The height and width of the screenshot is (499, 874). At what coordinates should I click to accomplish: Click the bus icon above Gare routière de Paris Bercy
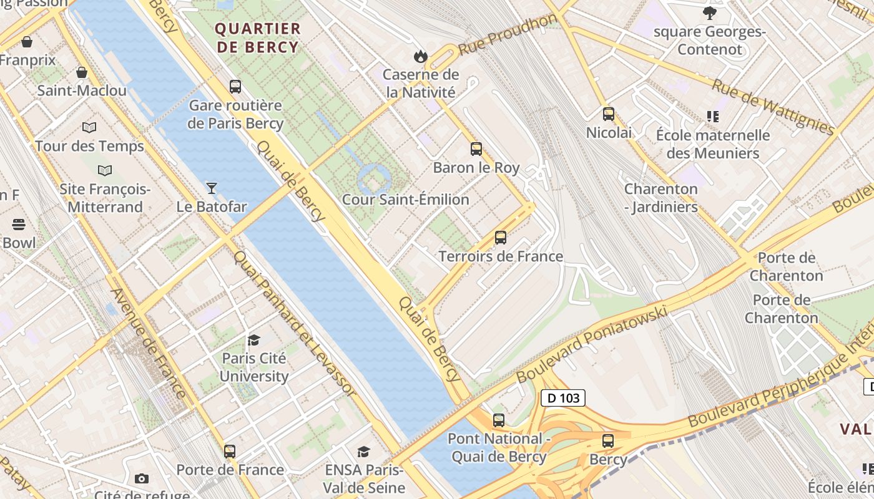[235, 87]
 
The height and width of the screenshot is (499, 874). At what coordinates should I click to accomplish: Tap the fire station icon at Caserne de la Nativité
[421, 57]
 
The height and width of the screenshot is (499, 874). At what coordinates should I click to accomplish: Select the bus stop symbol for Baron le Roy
[476, 149]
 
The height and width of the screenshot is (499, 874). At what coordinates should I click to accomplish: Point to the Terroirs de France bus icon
[501, 238]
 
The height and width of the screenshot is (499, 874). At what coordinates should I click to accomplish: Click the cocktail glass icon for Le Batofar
[212, 188]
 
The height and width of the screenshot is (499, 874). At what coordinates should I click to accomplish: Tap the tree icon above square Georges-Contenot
[710, 12]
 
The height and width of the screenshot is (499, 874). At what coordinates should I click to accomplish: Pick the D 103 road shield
[563, 398]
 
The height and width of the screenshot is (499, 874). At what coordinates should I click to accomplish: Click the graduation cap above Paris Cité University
[253, 340]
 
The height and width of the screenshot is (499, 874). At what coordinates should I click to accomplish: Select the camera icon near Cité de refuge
[142, 478]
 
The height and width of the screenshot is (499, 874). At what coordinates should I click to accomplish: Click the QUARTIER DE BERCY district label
[258, 38]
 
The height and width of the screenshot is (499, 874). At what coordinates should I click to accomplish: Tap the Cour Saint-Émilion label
[405, 200]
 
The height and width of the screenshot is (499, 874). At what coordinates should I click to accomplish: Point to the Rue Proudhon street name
[507, 35]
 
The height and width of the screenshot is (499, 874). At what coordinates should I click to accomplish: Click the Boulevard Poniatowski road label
[592, 344]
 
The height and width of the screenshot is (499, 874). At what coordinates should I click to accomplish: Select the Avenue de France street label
[149, 342]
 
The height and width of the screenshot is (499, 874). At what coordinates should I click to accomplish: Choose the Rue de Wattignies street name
[773, 107]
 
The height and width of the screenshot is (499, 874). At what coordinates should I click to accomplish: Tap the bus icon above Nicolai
[609, 114]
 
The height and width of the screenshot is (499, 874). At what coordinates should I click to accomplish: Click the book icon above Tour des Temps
[89, 127]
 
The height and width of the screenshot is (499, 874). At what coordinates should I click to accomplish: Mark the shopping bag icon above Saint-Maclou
[82, 72]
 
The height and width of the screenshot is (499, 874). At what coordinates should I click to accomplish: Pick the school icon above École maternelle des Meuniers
[713, 117]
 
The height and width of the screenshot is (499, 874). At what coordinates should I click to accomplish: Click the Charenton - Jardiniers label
[661, 198]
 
